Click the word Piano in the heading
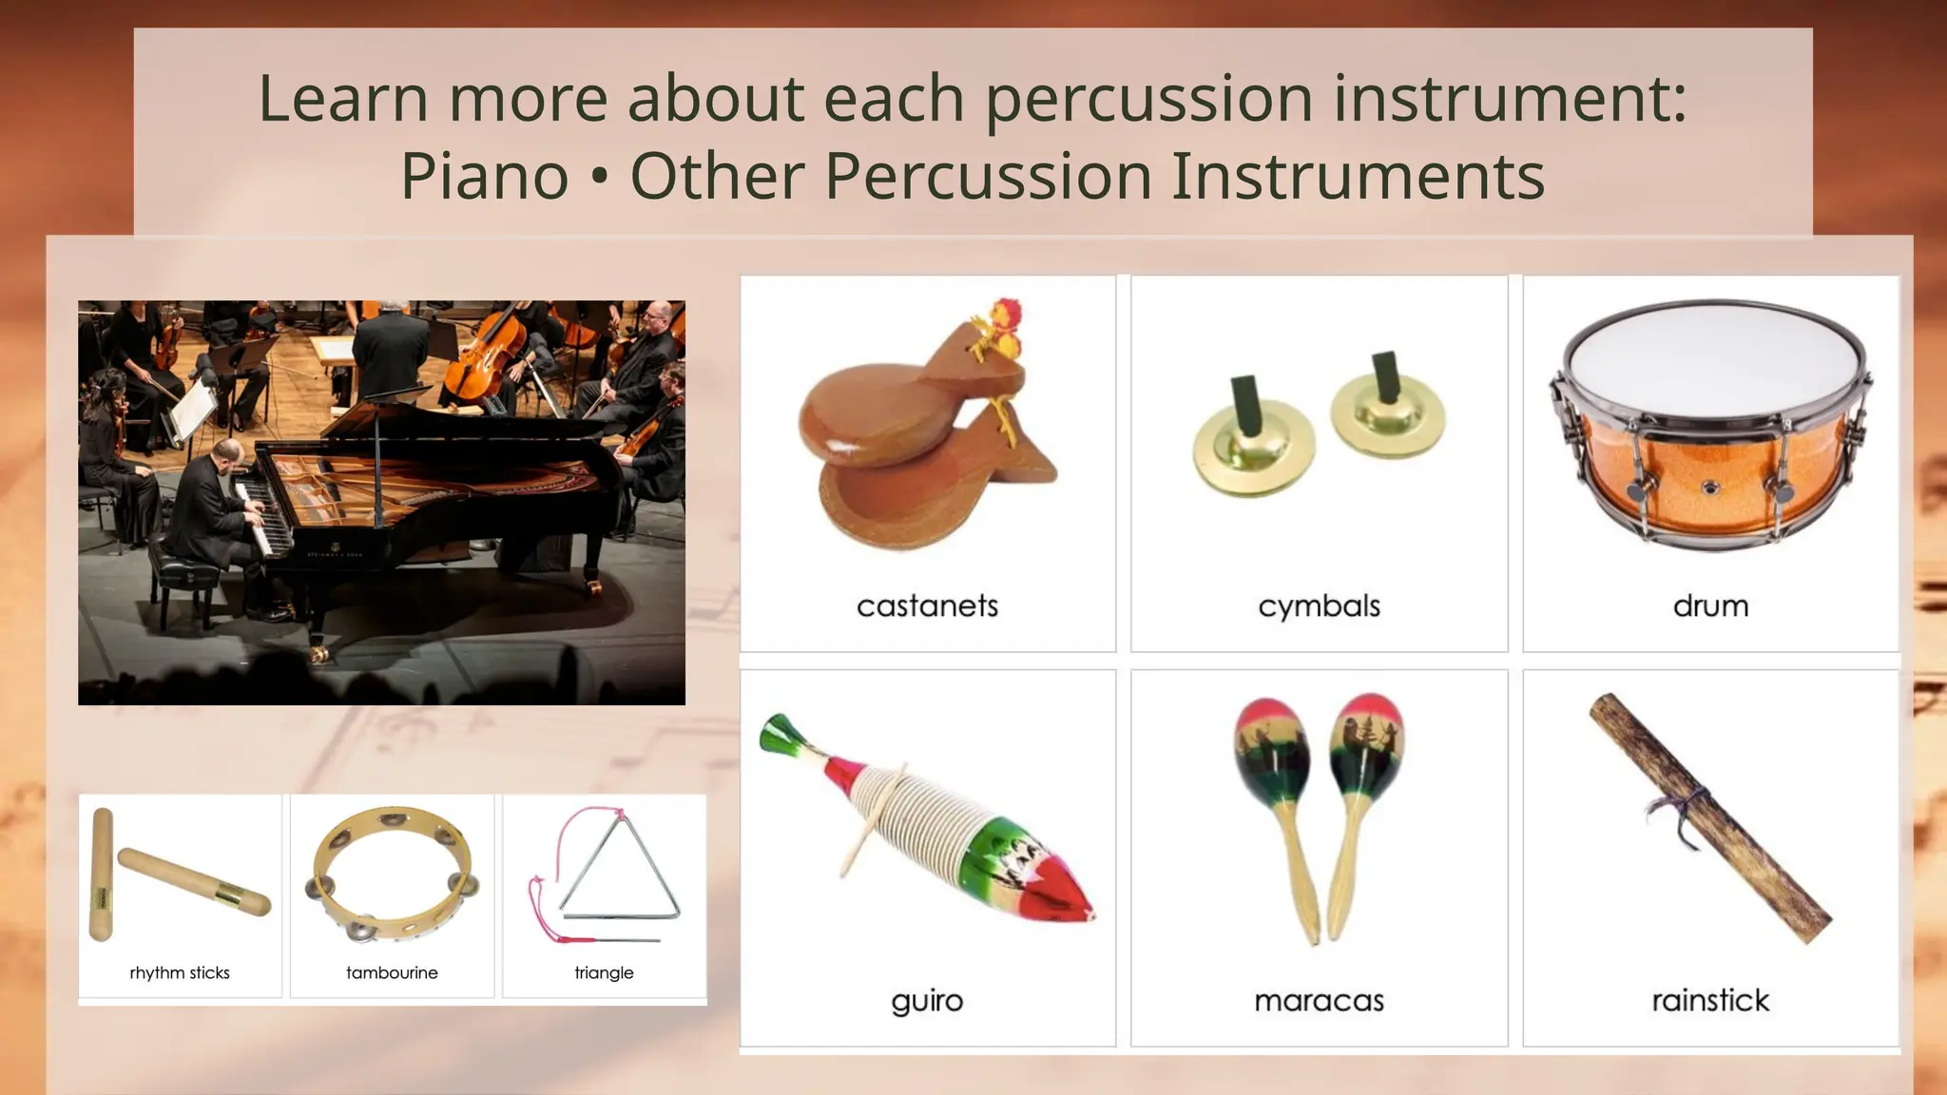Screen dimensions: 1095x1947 tap(484, 177)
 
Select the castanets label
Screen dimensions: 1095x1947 tap(927, 605)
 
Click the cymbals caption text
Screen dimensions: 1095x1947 tap(1319, 605)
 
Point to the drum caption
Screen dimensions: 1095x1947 tap(1710, 605)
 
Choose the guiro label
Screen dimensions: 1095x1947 tap(927, 1001)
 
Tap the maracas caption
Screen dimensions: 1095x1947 tap(1319, 1001)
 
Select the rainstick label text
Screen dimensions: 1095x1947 tap(1710, 1001)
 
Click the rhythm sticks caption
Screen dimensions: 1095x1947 tap(180, 972)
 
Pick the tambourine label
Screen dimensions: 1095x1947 tap(392, 972)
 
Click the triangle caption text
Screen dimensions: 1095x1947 tap(604, 972)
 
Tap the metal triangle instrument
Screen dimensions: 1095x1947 tap(620, 870)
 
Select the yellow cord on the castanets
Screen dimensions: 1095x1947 tap(1004, 418)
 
